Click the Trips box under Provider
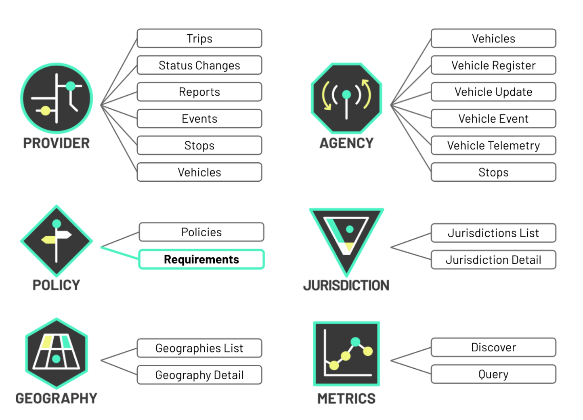(199, 38)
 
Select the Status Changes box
(199, 65)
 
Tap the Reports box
(199, 92)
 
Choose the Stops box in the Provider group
(199, 145)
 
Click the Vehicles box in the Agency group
(493, 38)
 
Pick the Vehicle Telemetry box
(493, 145)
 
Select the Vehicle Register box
(493, 65)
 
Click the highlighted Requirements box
(201, 259)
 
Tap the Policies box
(201, 232)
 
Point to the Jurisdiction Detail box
(493, 260)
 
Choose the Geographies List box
(199, 348)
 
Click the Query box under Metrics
(493, 374)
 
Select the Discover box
(493, 347)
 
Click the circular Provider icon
(57, 98)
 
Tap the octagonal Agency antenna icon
(346, 98)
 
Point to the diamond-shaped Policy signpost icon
(57, 241)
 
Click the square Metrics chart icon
(346, 353)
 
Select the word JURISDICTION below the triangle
(346, 286)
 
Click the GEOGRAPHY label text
(57, 399)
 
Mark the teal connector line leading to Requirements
(120, 253)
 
